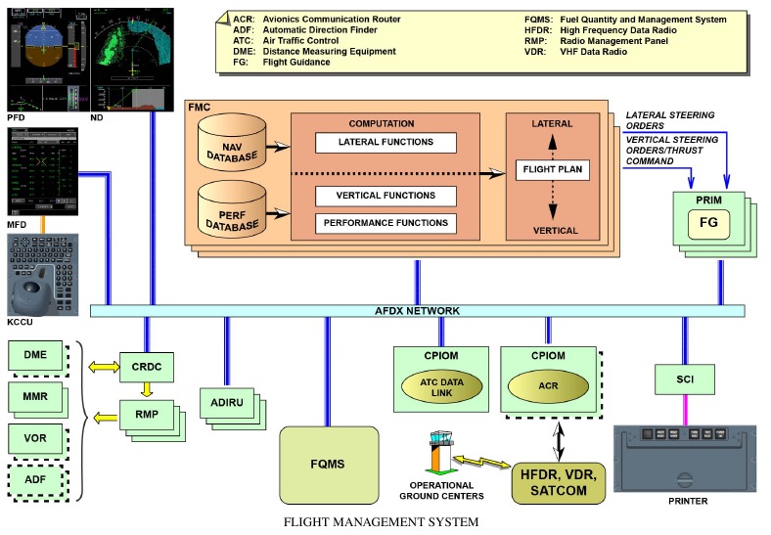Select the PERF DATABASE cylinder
click(232, 209)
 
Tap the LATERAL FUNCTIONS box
click(386, 143)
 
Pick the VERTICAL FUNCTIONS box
click(386, 196)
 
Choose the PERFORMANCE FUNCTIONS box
click(386, 223)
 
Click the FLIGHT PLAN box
click(552, 170)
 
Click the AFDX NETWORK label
click(418, 310)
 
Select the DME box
click(35, 356)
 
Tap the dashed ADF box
click(35, 480)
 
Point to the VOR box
click(35, 438)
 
